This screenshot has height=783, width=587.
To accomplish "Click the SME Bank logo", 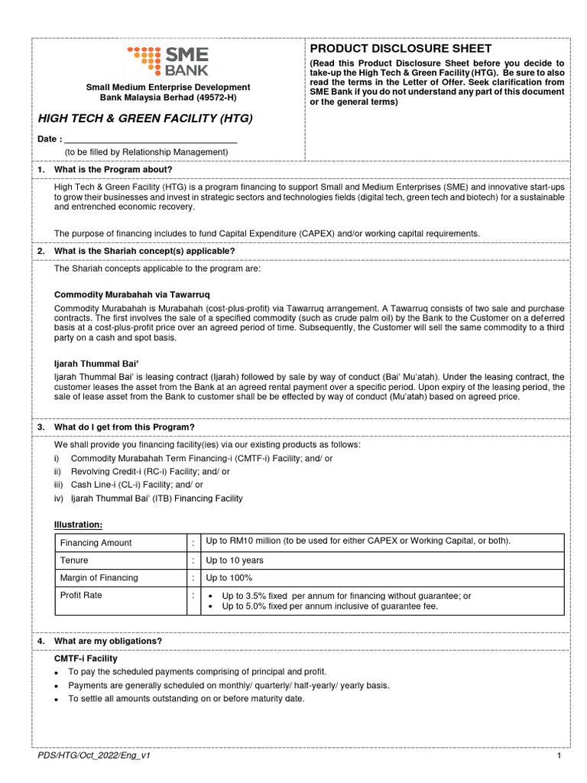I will point(167,61).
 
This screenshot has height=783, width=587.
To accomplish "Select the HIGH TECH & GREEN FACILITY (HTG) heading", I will point(145,119).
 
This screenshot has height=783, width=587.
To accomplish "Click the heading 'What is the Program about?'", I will point(113,169).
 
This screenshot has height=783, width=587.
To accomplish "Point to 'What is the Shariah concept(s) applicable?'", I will point(144,251).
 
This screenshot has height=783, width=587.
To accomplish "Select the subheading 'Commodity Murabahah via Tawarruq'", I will point(131,294).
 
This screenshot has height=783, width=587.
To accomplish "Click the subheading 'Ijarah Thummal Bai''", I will point(96,364).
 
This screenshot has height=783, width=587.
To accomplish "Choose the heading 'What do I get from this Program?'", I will point(125,427).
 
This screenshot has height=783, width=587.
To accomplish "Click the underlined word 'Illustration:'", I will point(78,525).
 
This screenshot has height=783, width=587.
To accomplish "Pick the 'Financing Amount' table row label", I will point(96,543).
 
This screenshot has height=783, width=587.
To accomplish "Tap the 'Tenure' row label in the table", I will point(74,560).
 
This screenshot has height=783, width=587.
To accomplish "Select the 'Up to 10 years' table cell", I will point(235,560).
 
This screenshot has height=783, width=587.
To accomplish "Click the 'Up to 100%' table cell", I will point(229,578).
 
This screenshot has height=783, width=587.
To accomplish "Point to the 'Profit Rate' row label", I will point(81,595).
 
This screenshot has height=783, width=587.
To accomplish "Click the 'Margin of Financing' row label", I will point(99,578).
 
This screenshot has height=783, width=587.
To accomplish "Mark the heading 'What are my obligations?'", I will point(108,641).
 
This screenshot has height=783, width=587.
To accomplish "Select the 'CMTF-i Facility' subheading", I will point(86,658).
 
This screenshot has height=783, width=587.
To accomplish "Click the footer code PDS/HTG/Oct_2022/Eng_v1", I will point(94,755).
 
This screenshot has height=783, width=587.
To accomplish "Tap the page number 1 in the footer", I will point(559,755).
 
